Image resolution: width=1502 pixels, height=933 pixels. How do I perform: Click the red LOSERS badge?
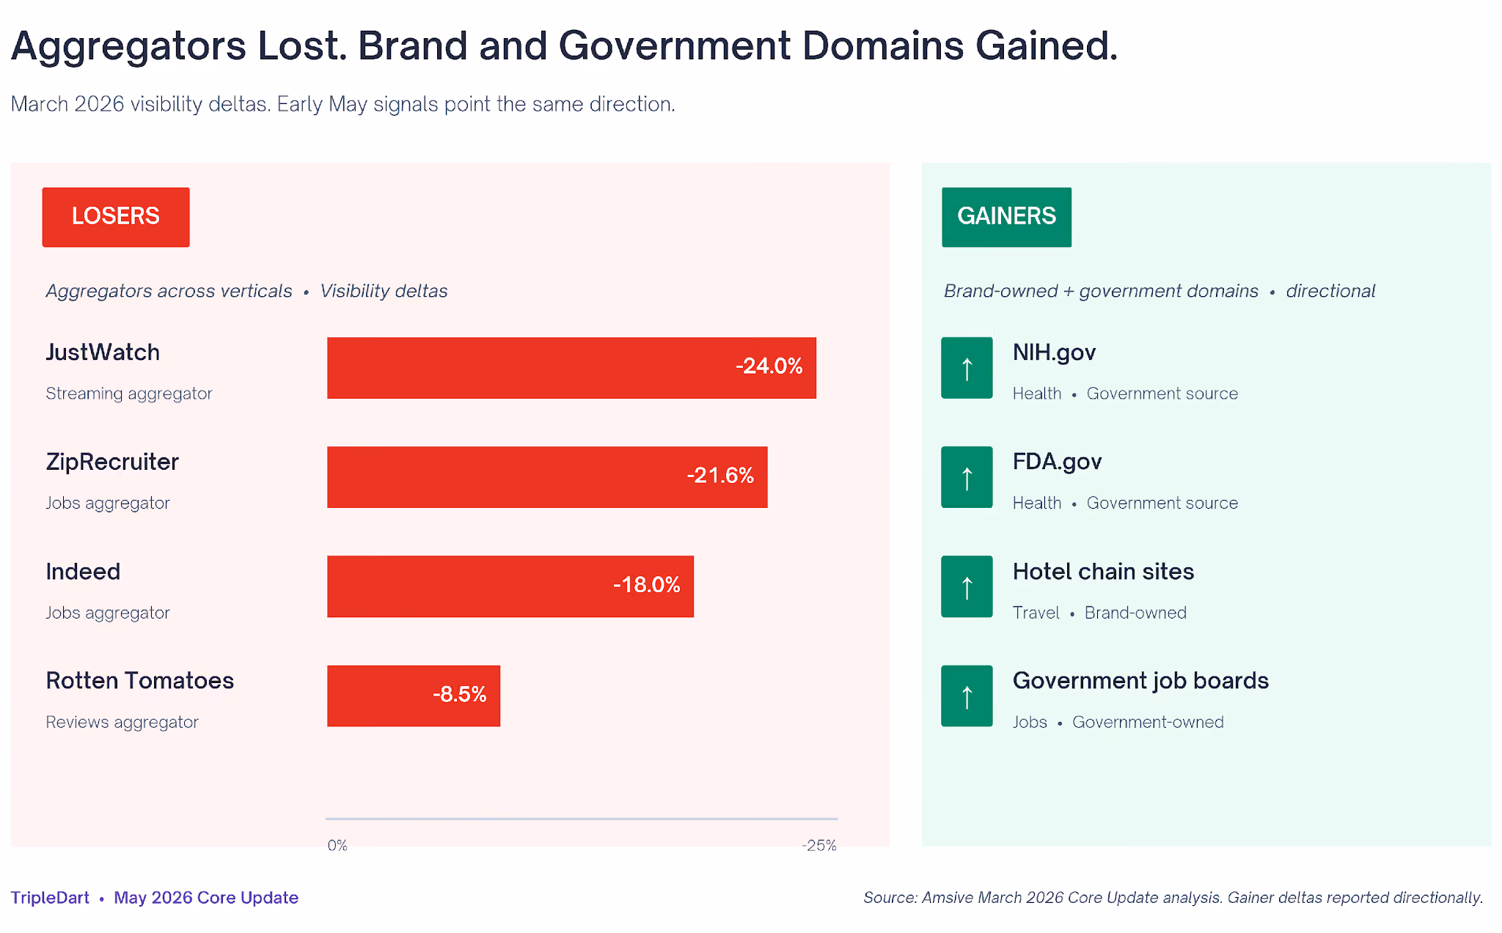pos(116,217)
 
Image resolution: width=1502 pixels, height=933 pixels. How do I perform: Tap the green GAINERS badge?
pos(1006,217)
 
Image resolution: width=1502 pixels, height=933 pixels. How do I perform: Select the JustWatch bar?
pos(571,368)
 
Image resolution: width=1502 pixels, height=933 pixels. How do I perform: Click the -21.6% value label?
pos(720,476)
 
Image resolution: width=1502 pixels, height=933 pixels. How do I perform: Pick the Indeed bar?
pos(510,586)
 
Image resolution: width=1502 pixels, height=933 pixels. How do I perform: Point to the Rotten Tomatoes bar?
pos(414,696)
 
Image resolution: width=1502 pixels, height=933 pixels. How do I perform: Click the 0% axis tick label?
pos(337,845)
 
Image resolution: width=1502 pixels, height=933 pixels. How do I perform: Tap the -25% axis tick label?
pos(819,845)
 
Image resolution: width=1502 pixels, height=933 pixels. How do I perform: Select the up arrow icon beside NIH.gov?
pos(967,368)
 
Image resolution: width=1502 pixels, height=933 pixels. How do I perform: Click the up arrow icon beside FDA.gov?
pos(967,477)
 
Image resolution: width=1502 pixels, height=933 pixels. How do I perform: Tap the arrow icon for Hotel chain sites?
pos(967,586)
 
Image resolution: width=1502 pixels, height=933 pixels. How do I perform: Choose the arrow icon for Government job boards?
pos(967,696)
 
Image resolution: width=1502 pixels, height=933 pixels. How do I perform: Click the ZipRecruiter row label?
pos(112,462)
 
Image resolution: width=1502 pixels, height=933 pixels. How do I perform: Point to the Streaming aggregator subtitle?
pos(129,394)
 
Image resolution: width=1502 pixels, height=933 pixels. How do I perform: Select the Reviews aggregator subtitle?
pos(122,722)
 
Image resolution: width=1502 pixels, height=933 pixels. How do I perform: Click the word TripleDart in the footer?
pos(50,898)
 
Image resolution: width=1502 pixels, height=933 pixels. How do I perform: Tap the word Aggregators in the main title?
pos(128,47)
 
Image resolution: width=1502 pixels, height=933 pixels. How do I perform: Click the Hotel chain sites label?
pos(1103,572)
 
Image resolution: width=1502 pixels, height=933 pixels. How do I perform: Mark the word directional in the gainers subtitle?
pos(1330,291)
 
